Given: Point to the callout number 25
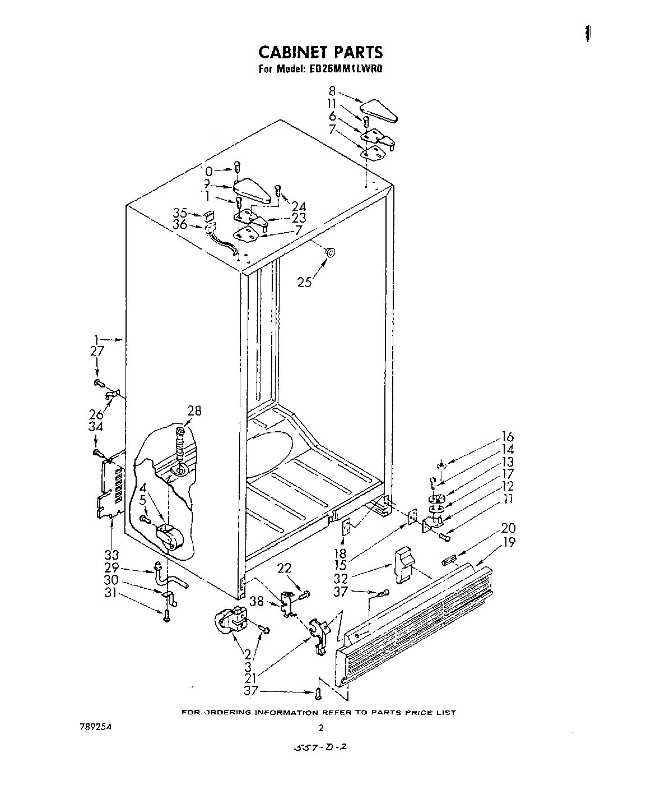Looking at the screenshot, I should tap(304, 281).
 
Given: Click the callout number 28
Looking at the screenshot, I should tap(194, 410).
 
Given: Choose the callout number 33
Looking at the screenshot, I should tap(112, 555).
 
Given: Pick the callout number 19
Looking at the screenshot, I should tap(509, 542).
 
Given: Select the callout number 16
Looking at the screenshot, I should tap(508, 437).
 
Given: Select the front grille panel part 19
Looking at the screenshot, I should tap(415, 622).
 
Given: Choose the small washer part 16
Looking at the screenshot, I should tap(442, 465).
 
